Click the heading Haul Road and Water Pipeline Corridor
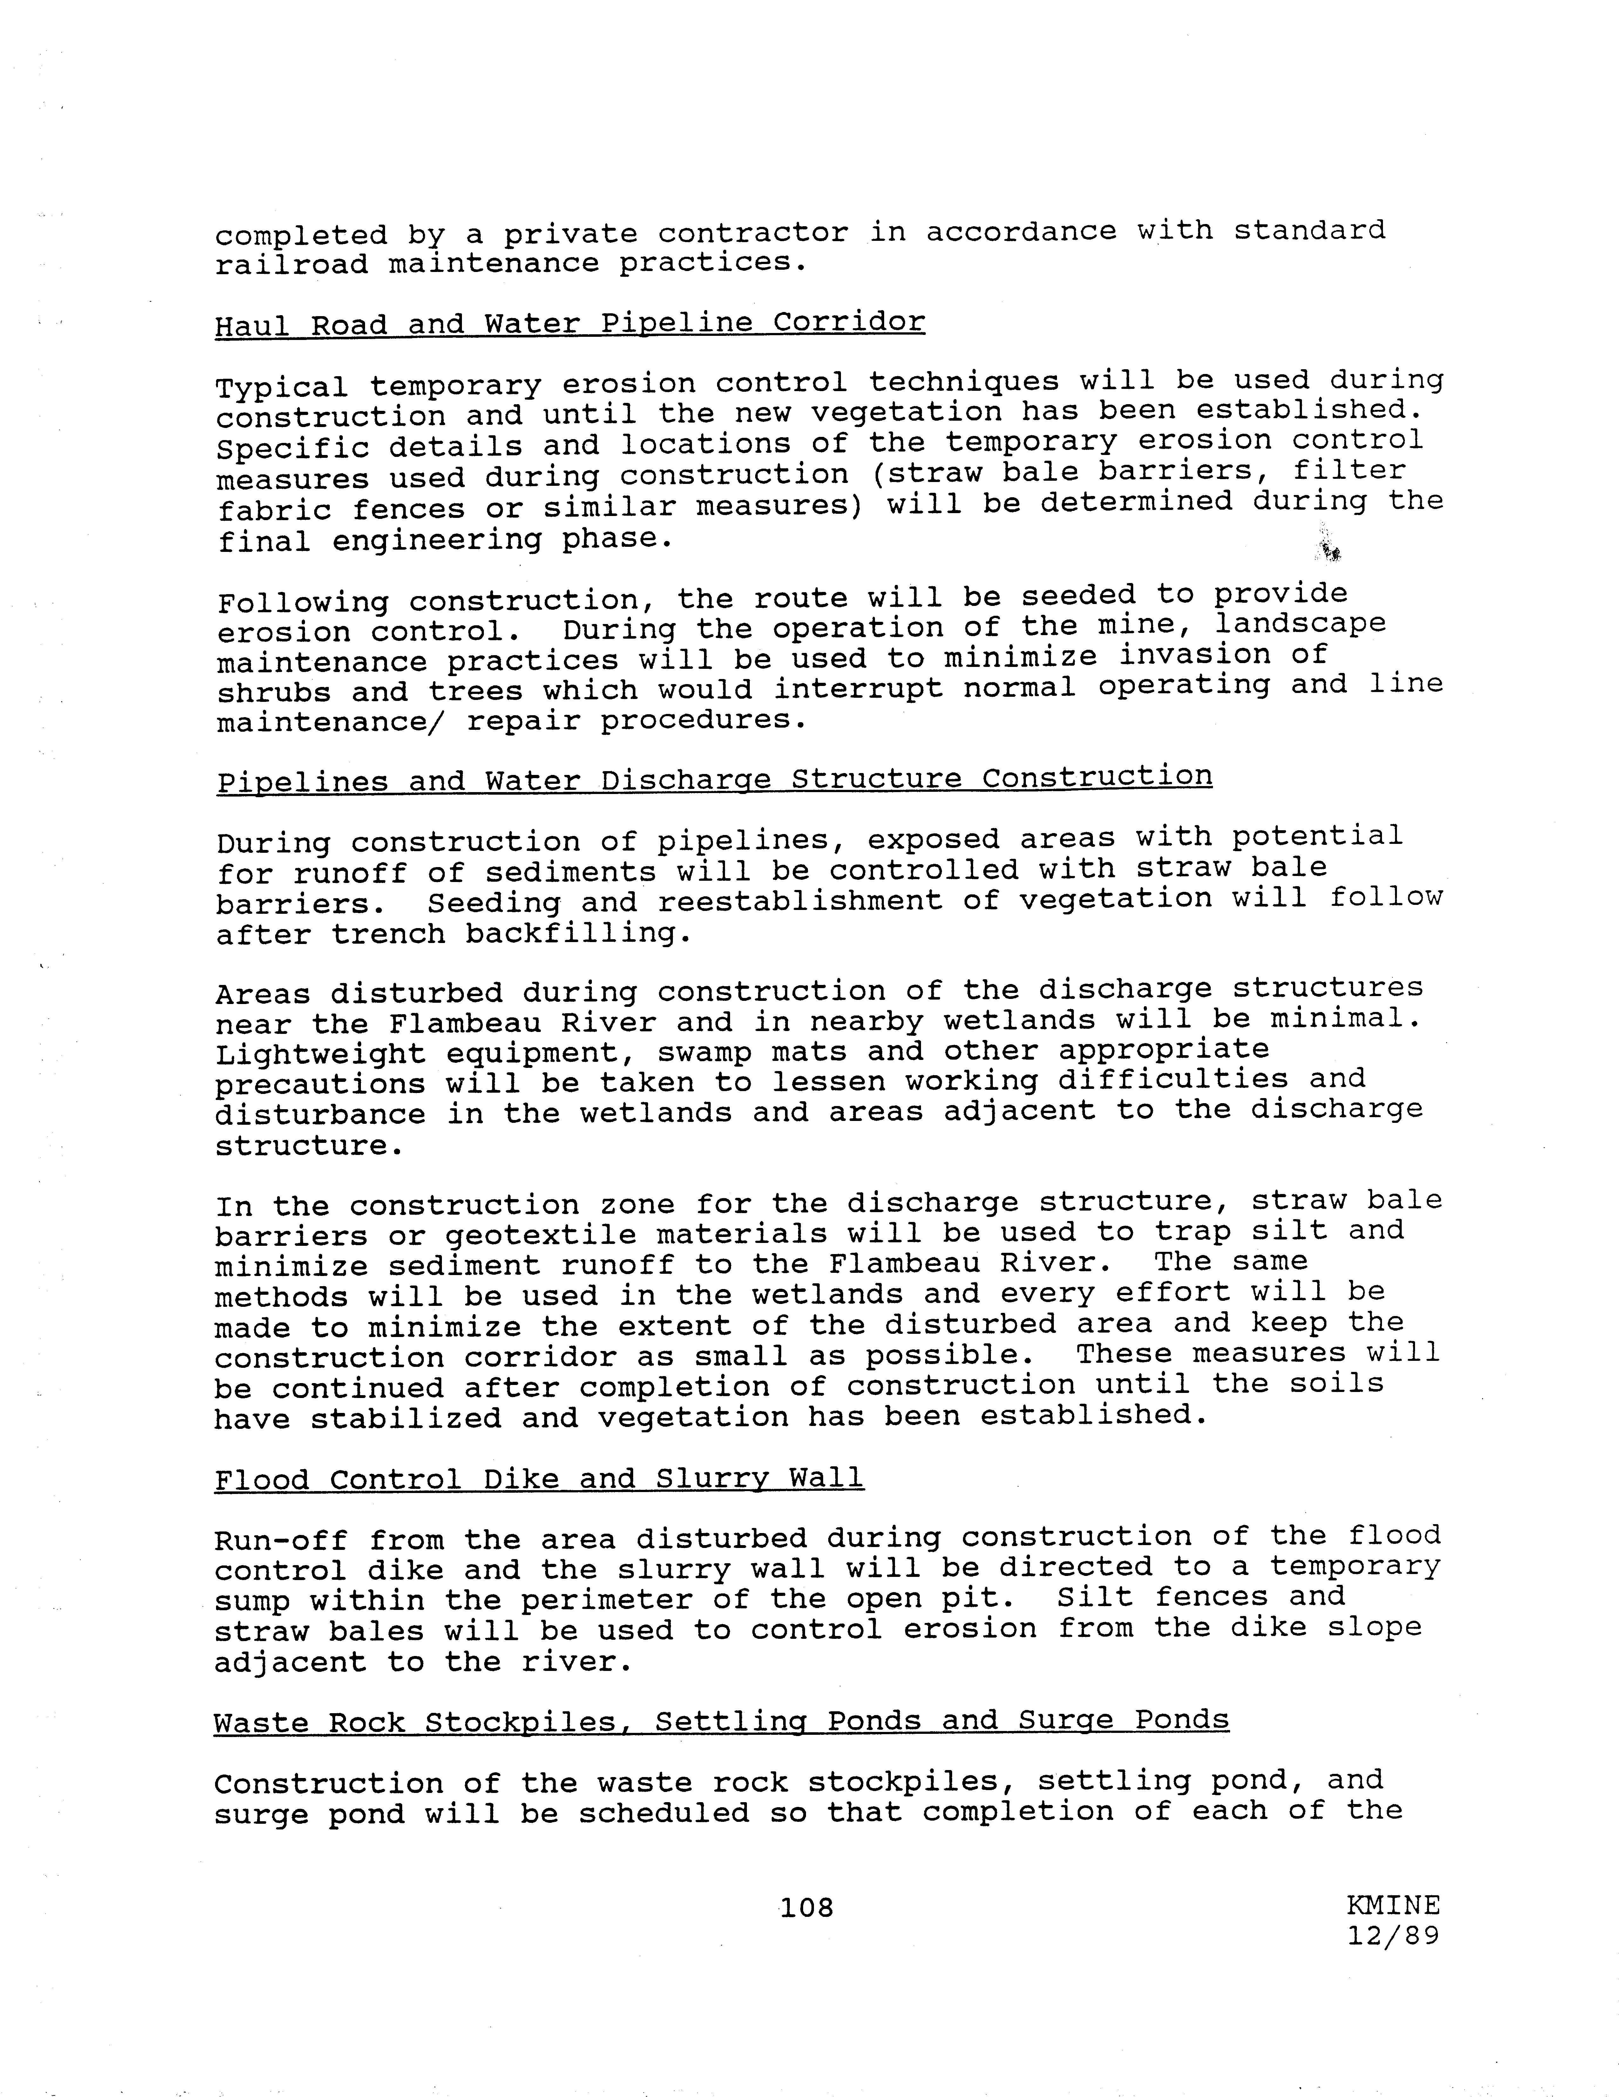[569, 323]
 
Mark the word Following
[302, 603]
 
